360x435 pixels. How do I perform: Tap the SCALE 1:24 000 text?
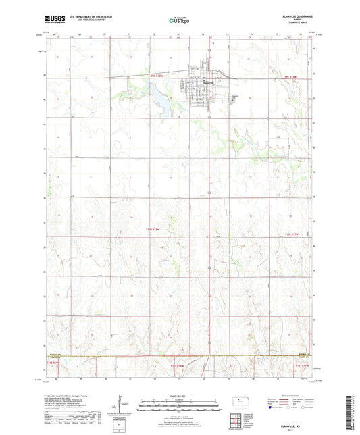[x=180, y=396]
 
